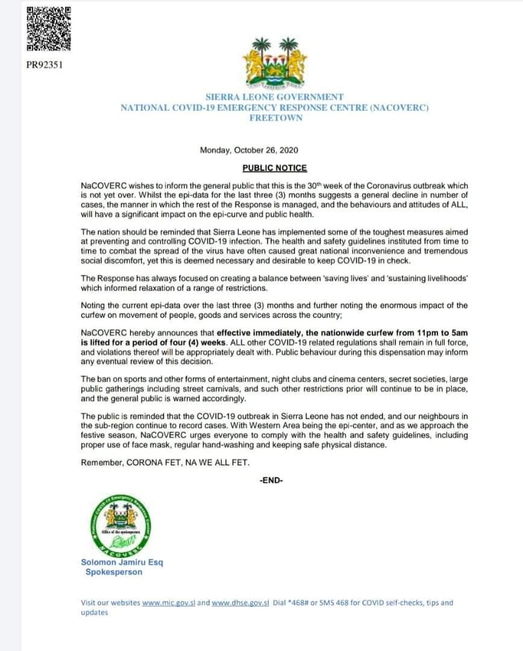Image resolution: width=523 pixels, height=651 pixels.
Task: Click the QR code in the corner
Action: point(48,28)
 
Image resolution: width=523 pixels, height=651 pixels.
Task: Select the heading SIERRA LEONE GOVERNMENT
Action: point(275,96)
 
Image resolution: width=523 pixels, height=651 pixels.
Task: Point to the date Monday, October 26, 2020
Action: point(249,150)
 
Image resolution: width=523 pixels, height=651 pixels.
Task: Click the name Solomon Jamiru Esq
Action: point(122,562)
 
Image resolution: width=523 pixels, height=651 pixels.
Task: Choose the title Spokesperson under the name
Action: point(114,572)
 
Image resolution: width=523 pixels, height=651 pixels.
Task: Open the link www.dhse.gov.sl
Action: point(239,602)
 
